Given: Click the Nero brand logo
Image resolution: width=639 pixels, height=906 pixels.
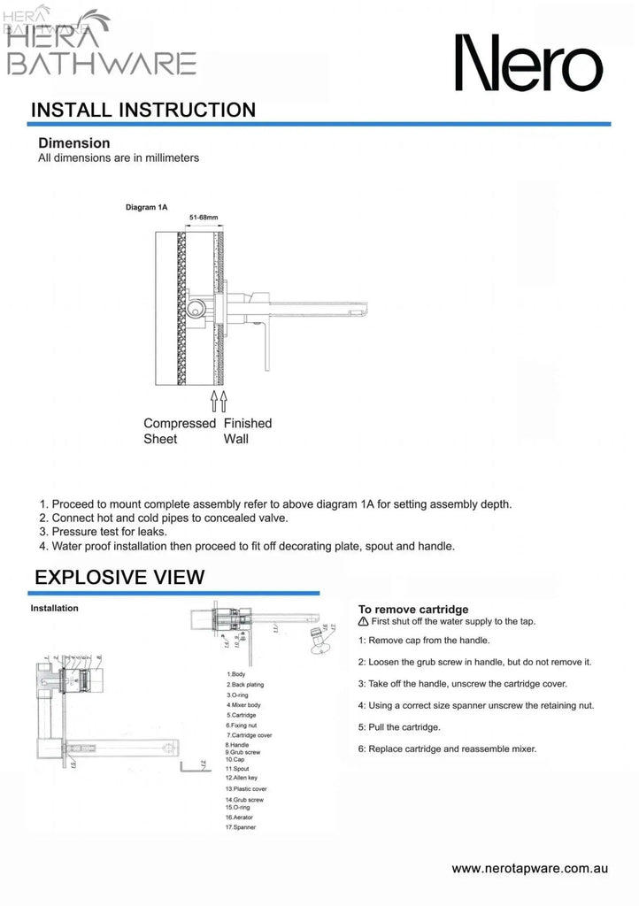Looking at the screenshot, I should coord(528,64).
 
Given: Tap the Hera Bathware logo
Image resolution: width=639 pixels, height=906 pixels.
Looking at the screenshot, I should coord(100,44).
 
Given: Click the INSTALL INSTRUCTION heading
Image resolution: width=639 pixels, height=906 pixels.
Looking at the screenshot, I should coord(142,111).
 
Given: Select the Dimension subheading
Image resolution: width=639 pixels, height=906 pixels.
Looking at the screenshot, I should coord(73,142).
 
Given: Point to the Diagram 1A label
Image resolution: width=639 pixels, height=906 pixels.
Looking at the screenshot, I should coord(146,207).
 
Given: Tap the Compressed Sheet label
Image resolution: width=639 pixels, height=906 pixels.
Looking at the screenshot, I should coord(180,431).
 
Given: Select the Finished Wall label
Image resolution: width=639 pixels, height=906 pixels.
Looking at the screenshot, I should coord(248,431).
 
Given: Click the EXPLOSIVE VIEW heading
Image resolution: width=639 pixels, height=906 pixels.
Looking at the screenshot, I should coord(119,578).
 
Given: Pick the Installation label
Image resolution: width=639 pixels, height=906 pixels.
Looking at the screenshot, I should coord(54,609).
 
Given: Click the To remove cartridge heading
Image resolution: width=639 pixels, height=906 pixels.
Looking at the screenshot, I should coord(412,610).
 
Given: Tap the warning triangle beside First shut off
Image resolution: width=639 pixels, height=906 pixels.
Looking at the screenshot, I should coord(364,622).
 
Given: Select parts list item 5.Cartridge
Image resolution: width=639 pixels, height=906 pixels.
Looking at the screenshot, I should coord(242,714).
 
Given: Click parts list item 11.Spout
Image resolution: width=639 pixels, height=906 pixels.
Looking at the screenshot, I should coord(238,769).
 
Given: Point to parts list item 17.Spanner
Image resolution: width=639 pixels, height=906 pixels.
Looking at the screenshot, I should coord(241,827).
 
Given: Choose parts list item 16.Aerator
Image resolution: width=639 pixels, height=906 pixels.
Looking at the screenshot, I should coord(241,818).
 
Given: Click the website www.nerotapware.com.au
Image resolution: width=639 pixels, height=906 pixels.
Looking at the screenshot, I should coord(529,869).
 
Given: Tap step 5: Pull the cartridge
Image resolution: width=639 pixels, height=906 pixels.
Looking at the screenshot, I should coord(399,727).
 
